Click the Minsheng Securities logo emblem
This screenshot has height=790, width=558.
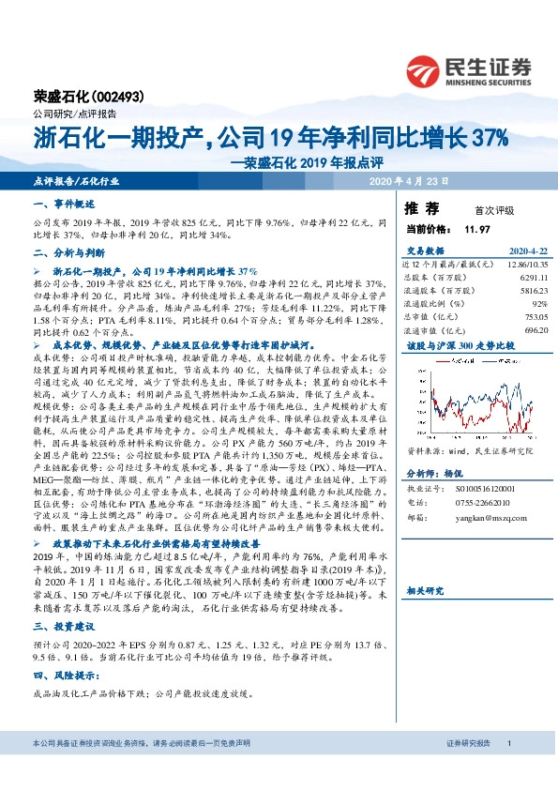(424, 69)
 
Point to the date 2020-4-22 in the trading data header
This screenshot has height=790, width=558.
(526, 251)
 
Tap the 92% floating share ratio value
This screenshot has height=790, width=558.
(538, 304)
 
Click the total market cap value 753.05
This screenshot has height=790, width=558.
(532, 317)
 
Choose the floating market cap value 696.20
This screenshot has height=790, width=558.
(532, 330)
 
